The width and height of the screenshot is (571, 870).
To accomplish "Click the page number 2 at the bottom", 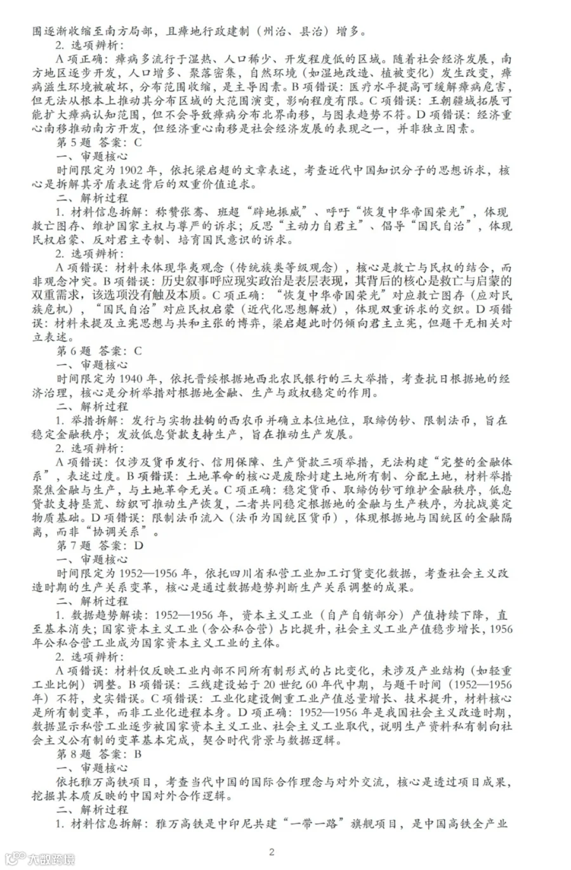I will (x=272, y=852).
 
